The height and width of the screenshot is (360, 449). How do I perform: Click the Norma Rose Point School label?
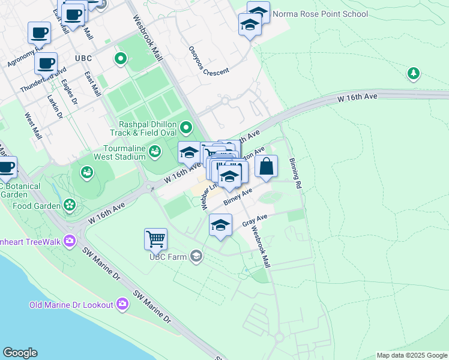click(320, 14)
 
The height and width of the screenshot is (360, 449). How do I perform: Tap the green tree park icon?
click(413, 74)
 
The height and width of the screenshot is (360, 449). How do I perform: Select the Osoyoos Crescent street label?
click(209, 61)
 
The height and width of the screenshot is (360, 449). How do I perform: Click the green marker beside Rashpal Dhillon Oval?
click(186, 127)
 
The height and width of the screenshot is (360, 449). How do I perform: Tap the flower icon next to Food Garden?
click(70, 205)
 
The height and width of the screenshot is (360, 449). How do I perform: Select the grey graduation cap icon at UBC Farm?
click(196, 257)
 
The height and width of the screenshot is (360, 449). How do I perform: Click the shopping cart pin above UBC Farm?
click(155, 239)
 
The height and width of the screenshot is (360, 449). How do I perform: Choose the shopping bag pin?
click(267, 166)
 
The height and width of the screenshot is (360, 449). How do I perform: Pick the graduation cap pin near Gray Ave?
click(220, 226)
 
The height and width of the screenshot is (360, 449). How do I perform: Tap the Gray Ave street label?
click(254, 221)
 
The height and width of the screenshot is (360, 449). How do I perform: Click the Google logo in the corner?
click(20, 353)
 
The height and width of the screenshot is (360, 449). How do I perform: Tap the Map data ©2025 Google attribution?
click(412, 355)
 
